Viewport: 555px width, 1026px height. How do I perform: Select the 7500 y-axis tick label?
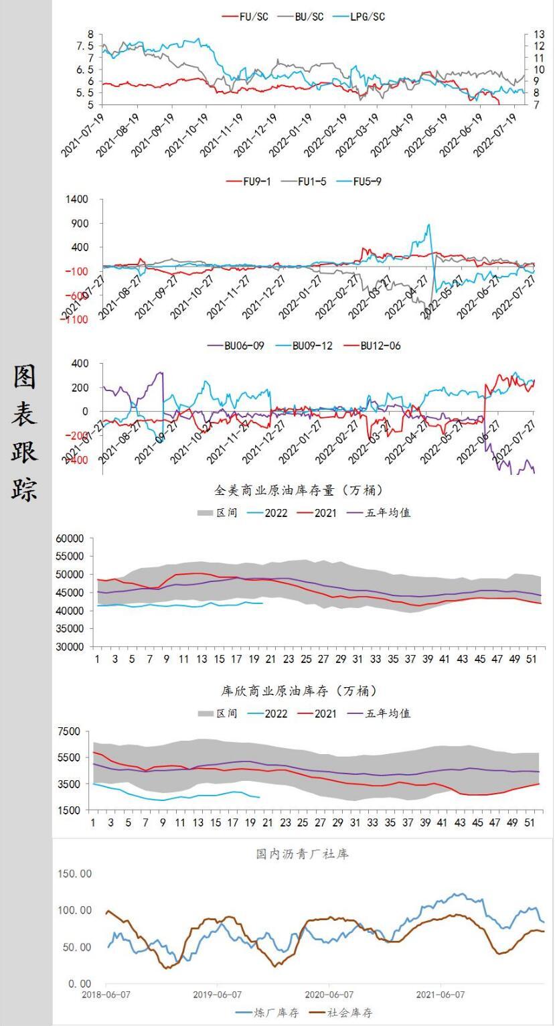pos(69,731)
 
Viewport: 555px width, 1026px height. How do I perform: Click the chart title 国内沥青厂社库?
pos(302,854)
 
